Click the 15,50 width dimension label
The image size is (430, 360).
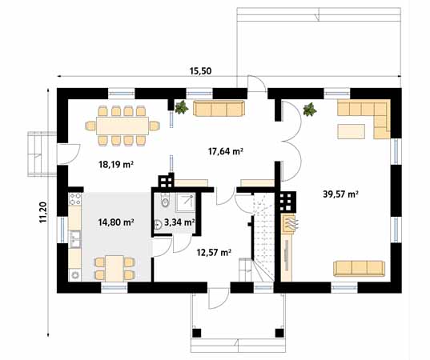[200, 71]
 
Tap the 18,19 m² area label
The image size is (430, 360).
[115, 165]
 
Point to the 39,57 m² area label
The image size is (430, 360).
[340, 194]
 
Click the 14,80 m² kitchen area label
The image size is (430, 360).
[115, 222]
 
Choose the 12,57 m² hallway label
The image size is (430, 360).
[214, 252]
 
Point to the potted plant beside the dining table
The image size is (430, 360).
[181, 106]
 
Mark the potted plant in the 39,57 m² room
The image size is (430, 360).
[310, 108]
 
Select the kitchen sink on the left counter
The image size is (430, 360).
[74, 238]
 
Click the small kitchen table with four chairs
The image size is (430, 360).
[114, 266]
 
